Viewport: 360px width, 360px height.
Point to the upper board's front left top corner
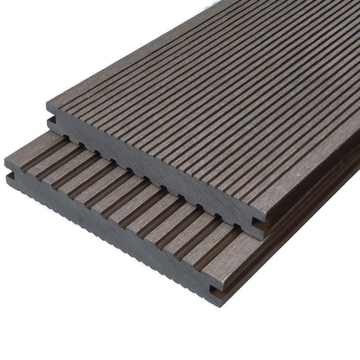(x=47, y=104)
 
